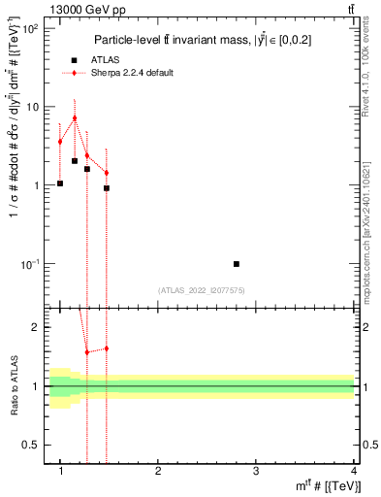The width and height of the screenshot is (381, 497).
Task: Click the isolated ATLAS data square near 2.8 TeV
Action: point(237,264)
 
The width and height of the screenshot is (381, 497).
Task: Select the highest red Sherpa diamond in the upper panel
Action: point(75,118)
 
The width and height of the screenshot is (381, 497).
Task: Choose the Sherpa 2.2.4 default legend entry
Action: point(125,74)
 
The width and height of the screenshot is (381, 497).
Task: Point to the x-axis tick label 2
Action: point(158,472)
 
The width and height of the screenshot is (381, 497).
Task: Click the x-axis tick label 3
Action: point(256,472)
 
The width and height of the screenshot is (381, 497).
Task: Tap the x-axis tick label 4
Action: point(353,472)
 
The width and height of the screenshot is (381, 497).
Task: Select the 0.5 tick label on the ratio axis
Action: point(31,445)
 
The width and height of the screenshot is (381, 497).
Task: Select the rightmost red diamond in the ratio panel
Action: point(107,348)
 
